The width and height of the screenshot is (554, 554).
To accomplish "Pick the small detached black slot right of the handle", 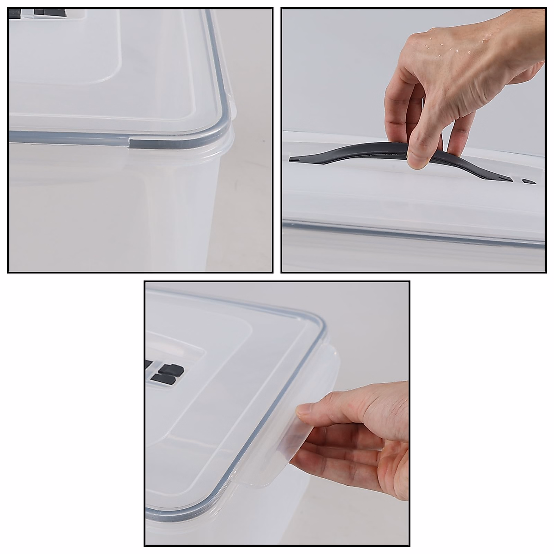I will (x=529, y=181).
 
